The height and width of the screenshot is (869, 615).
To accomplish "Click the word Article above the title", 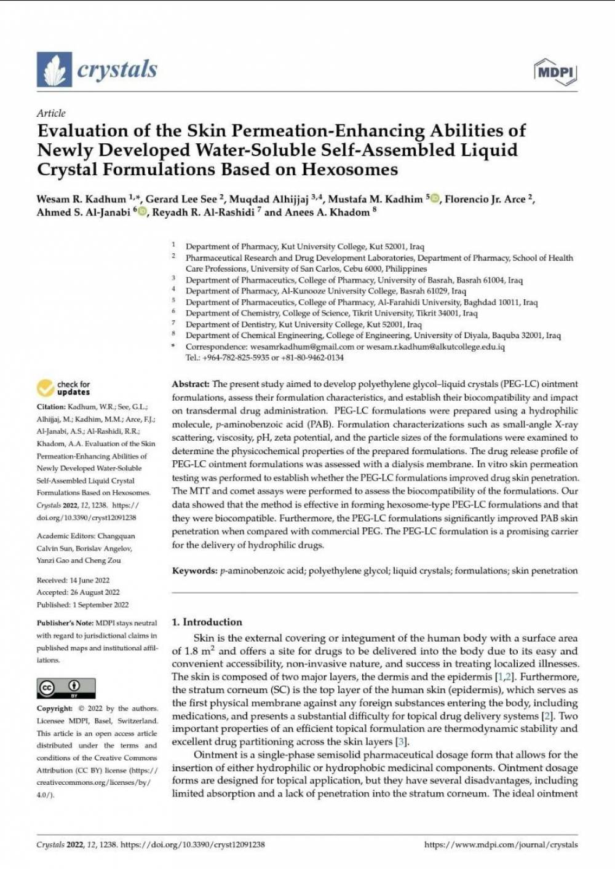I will click(51, 113).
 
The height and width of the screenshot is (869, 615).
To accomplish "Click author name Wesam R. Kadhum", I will click(81, 199).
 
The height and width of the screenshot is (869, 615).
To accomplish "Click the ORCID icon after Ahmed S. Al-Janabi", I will click(143, 213).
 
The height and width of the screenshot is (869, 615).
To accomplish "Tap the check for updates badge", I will click(63, 388).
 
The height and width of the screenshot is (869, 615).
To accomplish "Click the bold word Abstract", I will click(191, 384).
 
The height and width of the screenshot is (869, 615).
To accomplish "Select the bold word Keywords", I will click(194, 571).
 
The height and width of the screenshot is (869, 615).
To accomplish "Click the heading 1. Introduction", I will click(207, 622).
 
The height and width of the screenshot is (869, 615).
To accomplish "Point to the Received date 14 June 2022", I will click(90, 580).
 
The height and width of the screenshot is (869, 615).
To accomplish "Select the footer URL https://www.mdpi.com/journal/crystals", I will click(501, 845).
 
